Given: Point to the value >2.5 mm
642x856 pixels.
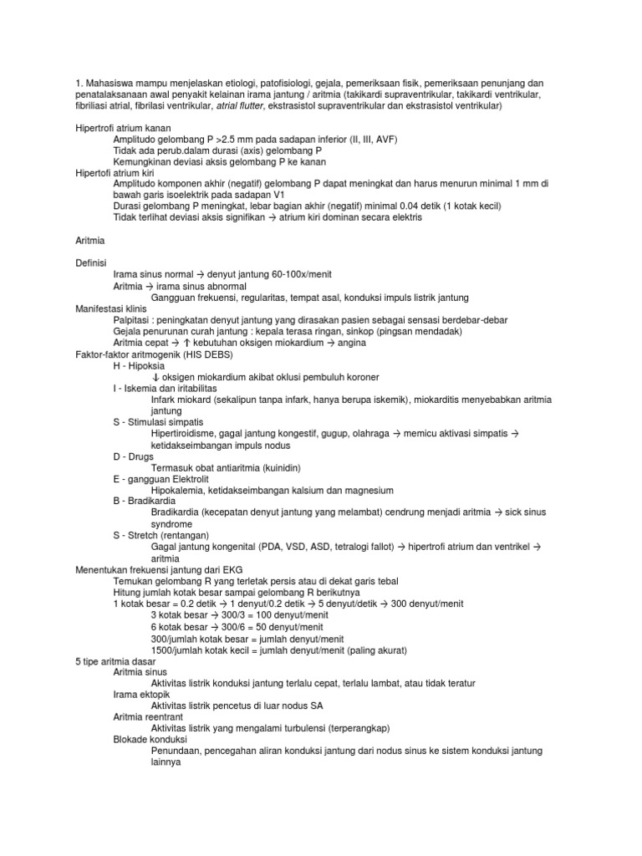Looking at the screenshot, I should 229,139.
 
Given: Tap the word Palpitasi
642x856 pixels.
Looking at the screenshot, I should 132,321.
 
